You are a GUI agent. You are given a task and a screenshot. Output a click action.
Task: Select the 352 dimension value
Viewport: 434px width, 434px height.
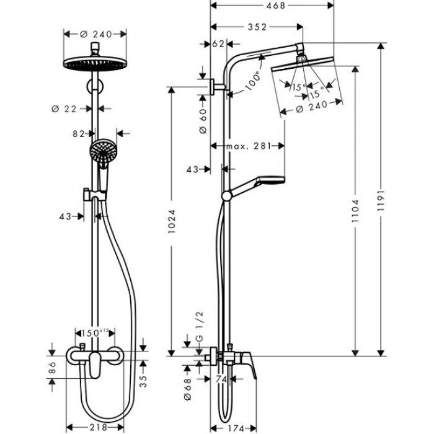click(257, 27)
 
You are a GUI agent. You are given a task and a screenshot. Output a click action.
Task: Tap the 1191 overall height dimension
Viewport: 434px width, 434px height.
click(382, 200)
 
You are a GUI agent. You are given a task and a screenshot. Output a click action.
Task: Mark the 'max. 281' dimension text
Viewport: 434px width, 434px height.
click(248, 146)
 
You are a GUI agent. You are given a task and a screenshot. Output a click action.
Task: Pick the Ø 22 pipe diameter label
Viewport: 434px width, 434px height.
click(66, 108)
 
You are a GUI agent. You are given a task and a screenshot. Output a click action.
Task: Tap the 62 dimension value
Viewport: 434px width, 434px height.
click(218, 44)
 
